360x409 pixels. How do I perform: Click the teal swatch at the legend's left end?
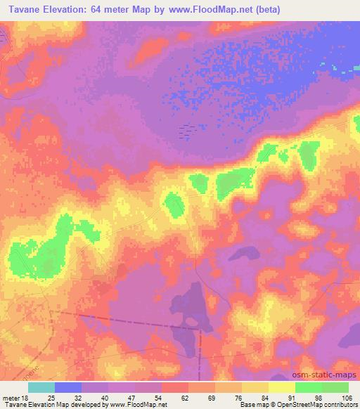[x=41, y=387]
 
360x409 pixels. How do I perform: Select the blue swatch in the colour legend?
[x=68, y=387]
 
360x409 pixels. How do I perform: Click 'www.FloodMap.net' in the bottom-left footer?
[x=141, y=404]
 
